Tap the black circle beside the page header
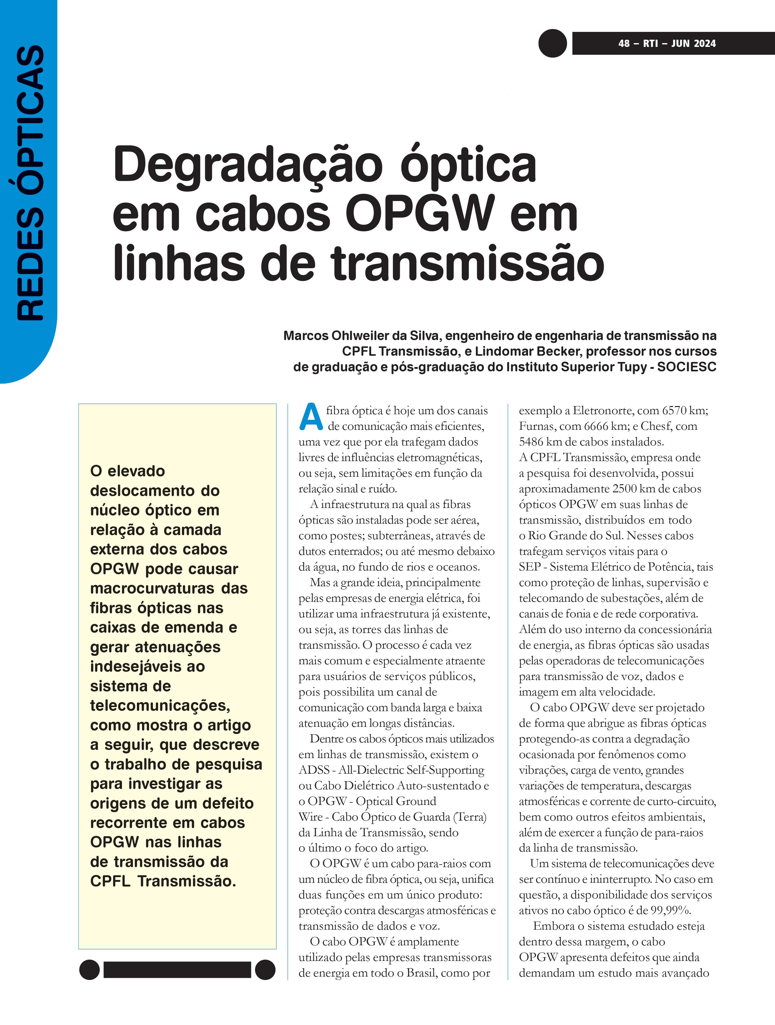pos(552,43)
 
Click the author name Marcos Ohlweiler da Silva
pos(361,335)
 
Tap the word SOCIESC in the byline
pos(687,367)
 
